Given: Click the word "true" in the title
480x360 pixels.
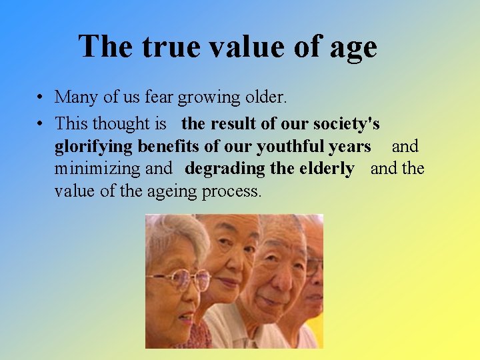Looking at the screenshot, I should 168,47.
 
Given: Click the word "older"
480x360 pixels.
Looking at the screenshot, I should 264,97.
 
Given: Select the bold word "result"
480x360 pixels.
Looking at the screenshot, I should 247,123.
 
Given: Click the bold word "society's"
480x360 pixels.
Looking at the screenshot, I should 343,124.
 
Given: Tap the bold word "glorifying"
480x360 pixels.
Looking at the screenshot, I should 94,147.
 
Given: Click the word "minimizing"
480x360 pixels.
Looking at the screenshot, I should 97,169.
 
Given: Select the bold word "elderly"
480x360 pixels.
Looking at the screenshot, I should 323,169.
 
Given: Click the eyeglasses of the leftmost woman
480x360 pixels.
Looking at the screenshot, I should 179,278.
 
